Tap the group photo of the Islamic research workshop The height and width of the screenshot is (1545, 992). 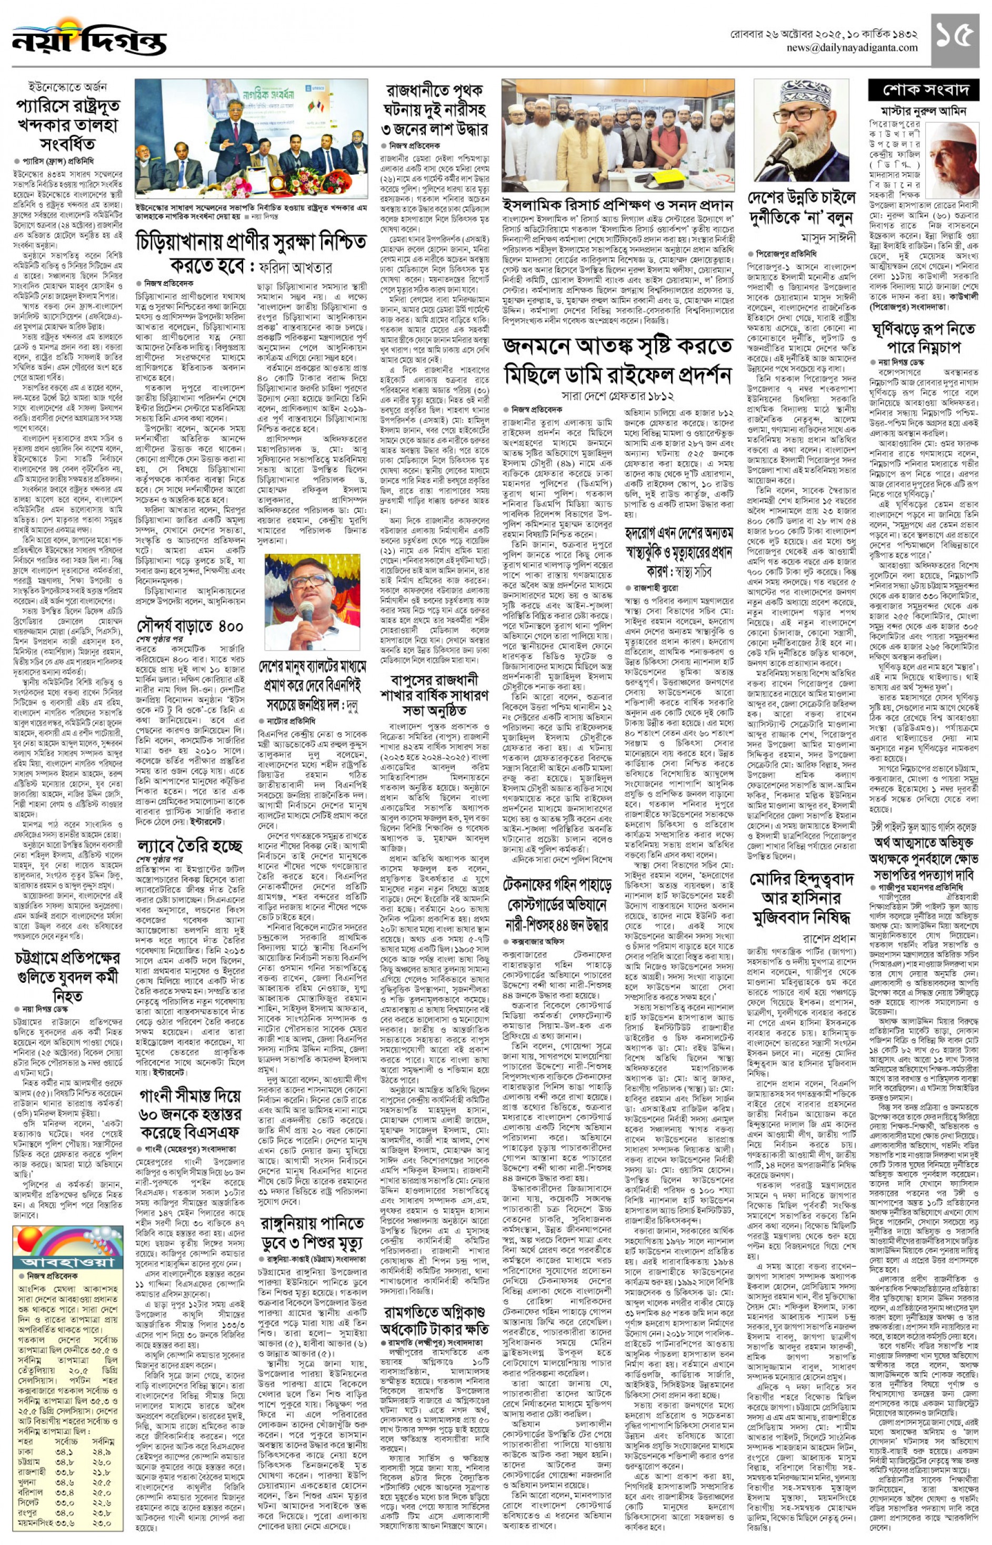click(x=618, y=136)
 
